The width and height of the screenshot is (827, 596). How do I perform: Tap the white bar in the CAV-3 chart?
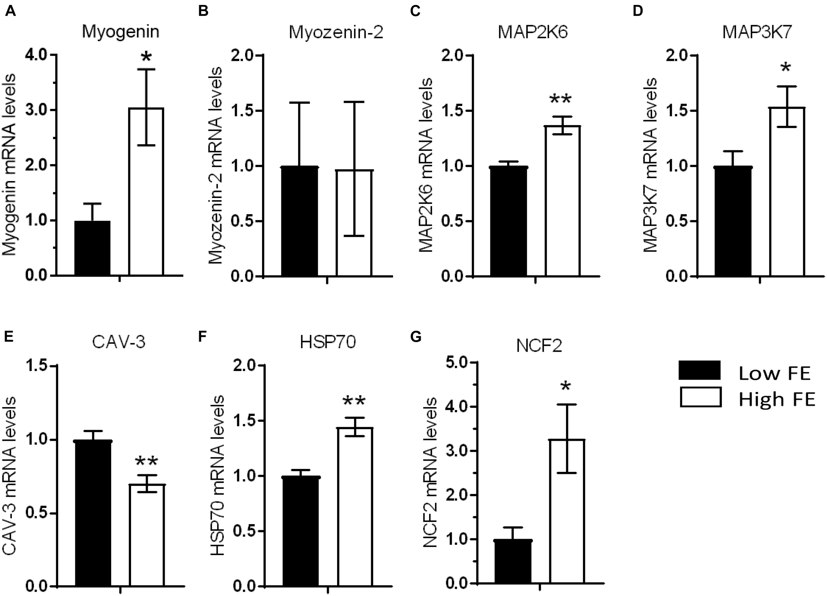[147, 536]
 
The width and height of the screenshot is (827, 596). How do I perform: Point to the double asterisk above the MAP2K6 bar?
[560, 100]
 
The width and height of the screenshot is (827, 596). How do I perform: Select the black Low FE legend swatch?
[700, 371]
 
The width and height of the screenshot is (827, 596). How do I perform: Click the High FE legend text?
[776, 399]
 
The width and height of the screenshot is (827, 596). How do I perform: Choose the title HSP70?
[328, 342]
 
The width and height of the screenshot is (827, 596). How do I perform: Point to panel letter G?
[416, 337]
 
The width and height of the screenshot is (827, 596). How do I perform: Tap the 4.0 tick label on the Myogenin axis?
[35, 55]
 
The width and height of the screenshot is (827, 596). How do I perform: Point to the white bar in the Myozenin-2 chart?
[354, 222]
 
